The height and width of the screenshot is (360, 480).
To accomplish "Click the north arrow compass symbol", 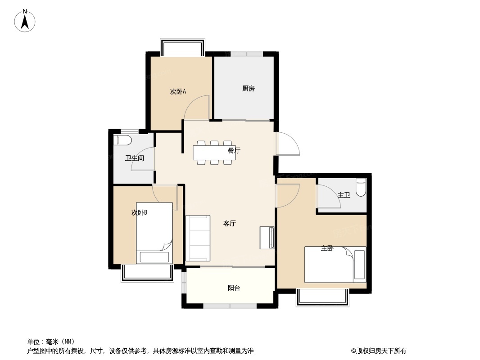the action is (25, 21).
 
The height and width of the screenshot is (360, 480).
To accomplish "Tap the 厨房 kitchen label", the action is (248, 89).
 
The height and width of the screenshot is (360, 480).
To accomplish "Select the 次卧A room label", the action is (178, 91).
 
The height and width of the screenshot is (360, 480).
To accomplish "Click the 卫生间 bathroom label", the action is (134, 158).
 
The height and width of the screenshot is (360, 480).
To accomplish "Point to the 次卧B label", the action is (139, 212).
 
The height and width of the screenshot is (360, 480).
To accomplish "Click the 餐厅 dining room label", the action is (234, 150).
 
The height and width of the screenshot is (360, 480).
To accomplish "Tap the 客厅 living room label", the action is (229, 224).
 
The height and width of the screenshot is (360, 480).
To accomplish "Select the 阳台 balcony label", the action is (234, 288).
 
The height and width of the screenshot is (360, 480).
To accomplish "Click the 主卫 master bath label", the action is (344, 195).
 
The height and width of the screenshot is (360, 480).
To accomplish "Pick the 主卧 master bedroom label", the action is (327, 248).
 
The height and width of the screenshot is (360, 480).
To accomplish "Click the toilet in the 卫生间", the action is (122, 141).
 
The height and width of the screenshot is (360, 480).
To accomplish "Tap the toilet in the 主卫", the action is (361, 188).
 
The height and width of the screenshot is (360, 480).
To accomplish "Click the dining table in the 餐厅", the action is (214, 153).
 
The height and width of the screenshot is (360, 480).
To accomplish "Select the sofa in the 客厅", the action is (198, 238).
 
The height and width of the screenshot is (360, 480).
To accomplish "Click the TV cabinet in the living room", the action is (267, 238).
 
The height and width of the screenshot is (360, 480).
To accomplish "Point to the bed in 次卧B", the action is (154, 233).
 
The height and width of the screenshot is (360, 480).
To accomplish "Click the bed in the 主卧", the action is (335, 265).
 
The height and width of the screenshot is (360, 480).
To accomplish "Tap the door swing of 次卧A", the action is (196, 107).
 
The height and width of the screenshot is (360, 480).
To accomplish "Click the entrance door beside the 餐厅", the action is (287, 144).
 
